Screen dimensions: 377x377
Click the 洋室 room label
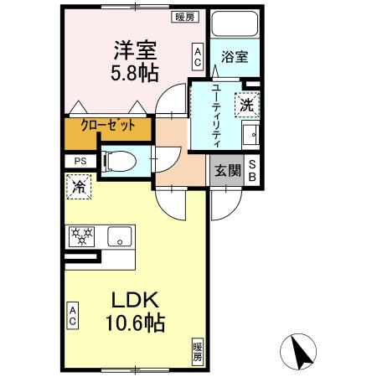pos(132,49)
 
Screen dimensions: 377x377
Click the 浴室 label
pos(235,57)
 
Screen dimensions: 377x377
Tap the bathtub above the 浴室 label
pos(235,25)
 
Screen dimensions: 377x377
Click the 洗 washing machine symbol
pos(247,105)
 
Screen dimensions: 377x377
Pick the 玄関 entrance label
pos(227,171)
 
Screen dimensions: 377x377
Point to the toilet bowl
pos(121,160)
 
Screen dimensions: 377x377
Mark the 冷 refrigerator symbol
pos(78,186)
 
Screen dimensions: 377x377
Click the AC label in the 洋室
pos(198,57)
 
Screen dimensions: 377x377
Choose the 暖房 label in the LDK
pos(198,351)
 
